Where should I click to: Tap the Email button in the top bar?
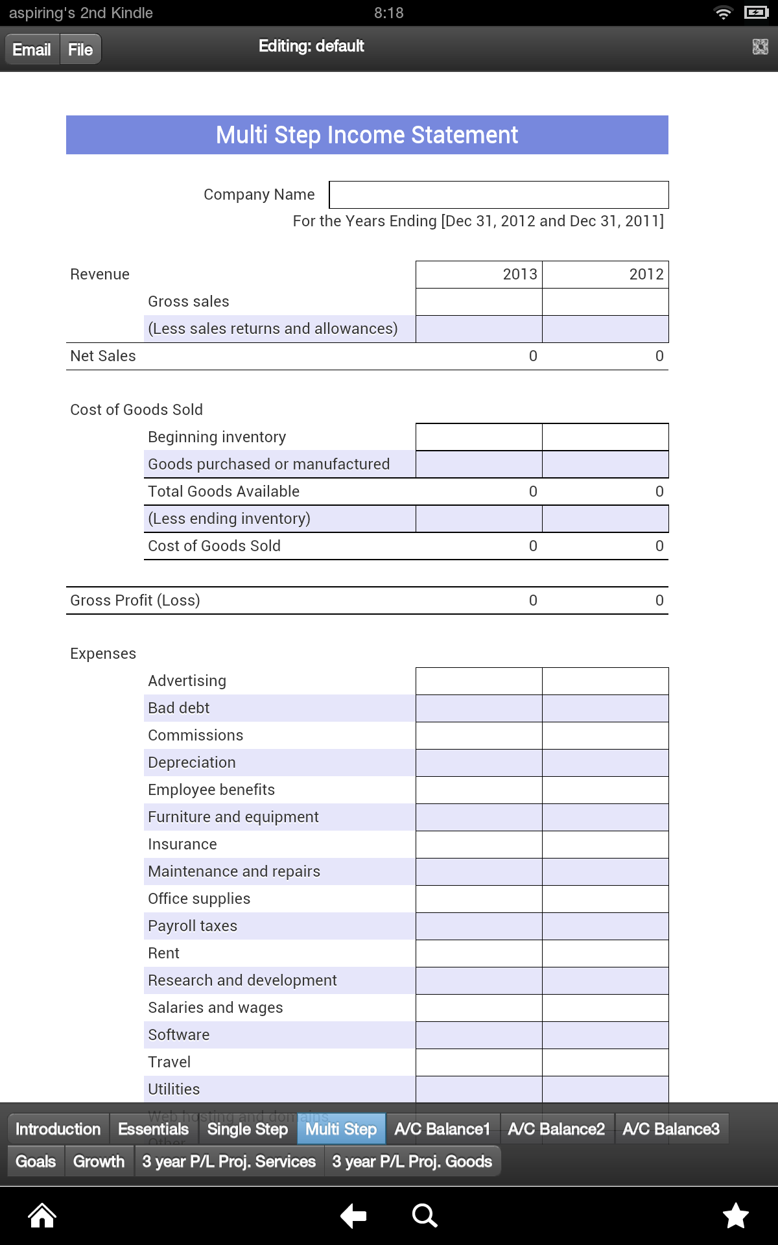32,49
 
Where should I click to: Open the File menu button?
80,49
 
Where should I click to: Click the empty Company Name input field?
498,195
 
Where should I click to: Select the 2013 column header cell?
479,274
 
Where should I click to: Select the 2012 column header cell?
605,274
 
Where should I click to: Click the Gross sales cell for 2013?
479,302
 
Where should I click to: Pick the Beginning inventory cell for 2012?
605,437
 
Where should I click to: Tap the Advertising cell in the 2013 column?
479,681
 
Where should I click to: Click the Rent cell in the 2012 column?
605,953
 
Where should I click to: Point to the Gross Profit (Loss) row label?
135,600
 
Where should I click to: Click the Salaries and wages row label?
215,1008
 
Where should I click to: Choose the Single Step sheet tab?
247,1129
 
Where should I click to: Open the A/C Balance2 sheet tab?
556,1129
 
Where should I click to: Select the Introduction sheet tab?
58,1129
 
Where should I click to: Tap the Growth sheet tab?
99,1161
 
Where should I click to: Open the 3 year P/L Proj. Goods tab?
412,1161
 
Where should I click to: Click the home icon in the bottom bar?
42,1216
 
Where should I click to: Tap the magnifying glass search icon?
425,1216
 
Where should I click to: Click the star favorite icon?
736,1216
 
